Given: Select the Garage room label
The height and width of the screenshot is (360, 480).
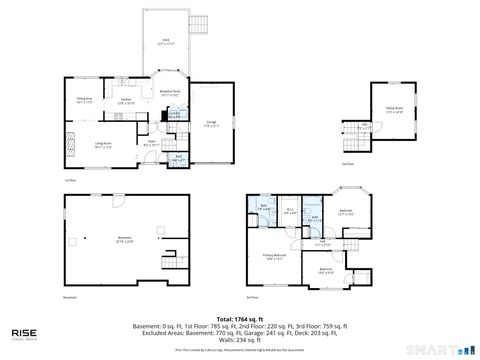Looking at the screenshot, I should coord(212,125).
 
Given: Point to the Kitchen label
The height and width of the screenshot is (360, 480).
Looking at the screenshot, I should coord(126,101).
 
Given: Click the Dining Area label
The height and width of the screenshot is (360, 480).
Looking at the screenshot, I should coord(85,100).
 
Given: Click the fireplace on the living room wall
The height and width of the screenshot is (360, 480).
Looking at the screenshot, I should coord(70,137).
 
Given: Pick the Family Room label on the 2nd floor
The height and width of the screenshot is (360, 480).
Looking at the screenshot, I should coord(394,112).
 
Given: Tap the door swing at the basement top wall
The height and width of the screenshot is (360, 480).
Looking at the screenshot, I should coord(119,201).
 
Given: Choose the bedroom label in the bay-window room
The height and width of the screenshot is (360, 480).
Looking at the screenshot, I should coord(345,212).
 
